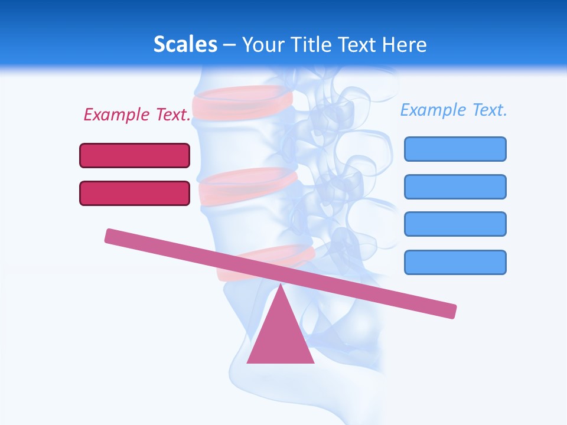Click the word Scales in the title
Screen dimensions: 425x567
pyautogui.click(x=185, y=44)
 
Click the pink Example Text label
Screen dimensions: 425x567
pyautogui.click(x=137, y=115)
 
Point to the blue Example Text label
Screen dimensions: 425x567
pyautogui.click(x=454, y=110)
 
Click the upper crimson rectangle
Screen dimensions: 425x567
pyautogui.click(x=135, y=155)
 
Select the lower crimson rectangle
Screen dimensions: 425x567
pyautogui.click(x=135, y=193)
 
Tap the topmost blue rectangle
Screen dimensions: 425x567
pyautogui.click(x=455, y=149)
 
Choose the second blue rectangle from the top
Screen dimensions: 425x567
pyautogui.click(x=455, y=187)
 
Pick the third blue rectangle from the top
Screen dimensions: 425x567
pyautogui.click(x=455, y=224)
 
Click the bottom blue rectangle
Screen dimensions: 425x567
pyautogui.click(x=455, y=262)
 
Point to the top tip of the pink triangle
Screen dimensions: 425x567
pyautogui.click(x=281, y=287)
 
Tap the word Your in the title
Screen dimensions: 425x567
pyautogui.click(x=263, y=44)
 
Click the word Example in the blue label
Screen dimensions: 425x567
pyautogui.click(x=432, y=110)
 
